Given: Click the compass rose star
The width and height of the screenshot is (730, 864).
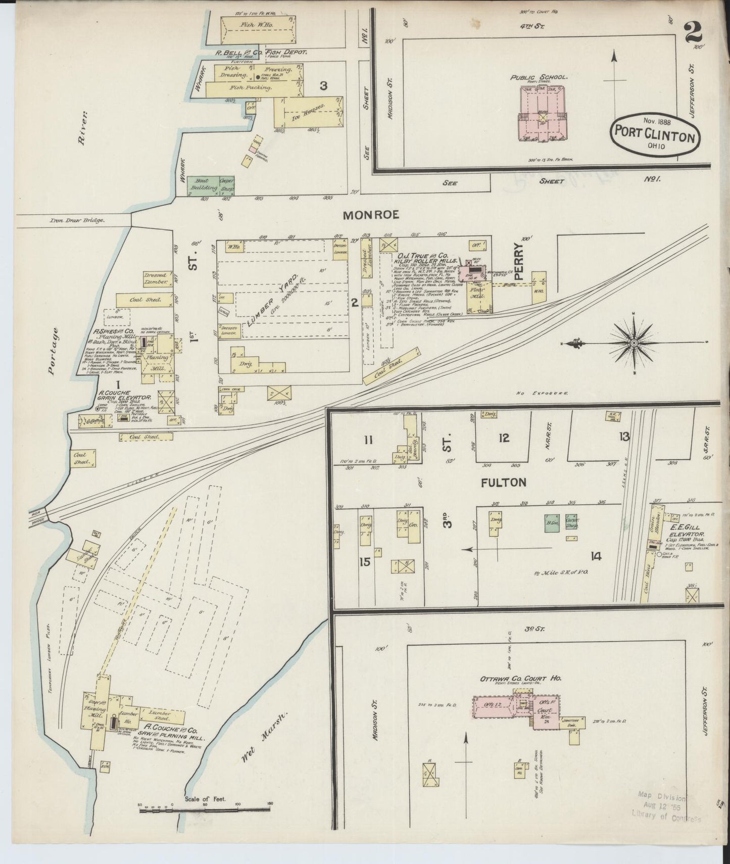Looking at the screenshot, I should pos(634,343).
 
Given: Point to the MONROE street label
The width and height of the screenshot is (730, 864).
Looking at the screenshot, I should pos(371,215).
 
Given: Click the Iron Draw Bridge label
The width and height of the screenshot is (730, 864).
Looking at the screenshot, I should pos(77,220).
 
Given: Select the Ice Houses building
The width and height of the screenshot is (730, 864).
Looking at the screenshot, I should pos(306,112).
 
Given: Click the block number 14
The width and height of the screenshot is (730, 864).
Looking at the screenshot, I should pos(596,556).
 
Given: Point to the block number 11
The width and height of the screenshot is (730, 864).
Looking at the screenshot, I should pos(368,440).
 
